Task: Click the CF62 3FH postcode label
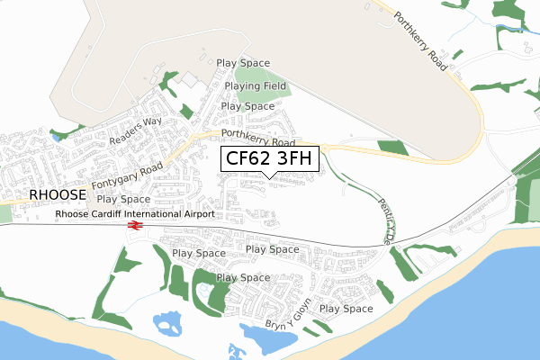(269, 158)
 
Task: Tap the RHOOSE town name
(57, 194)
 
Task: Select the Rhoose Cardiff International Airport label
(135, 214)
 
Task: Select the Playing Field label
(256, 86)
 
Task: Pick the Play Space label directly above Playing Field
(243, 63)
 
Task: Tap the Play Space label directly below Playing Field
(247, 106)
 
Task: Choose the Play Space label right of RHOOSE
(123, 199)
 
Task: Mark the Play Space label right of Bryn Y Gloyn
(346, 309)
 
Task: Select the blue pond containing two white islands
(168, 322)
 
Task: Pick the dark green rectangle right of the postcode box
(392, 148)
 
